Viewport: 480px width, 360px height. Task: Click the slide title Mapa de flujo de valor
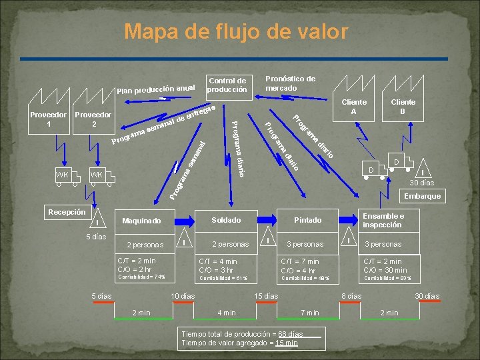click(236, 31)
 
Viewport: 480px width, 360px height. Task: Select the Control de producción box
click(227, 85)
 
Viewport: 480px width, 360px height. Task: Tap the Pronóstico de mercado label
click(290, 83)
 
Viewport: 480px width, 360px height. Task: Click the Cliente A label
click(354, 107)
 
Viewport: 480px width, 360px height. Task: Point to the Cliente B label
click(403, 107)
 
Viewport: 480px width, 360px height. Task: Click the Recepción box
click(67, 212)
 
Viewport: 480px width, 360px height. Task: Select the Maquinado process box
click(141, 221)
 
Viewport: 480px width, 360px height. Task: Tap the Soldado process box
click(226, 220)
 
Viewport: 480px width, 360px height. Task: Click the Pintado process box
click(308, 220)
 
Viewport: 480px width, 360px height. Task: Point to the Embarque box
click(422, 196)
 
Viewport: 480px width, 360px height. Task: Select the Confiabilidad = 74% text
click(141, 277)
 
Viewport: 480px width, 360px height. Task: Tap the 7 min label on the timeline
click(310, 312)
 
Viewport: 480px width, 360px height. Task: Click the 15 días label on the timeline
click(266, 295)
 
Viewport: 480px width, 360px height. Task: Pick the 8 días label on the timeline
click(351, 295)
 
